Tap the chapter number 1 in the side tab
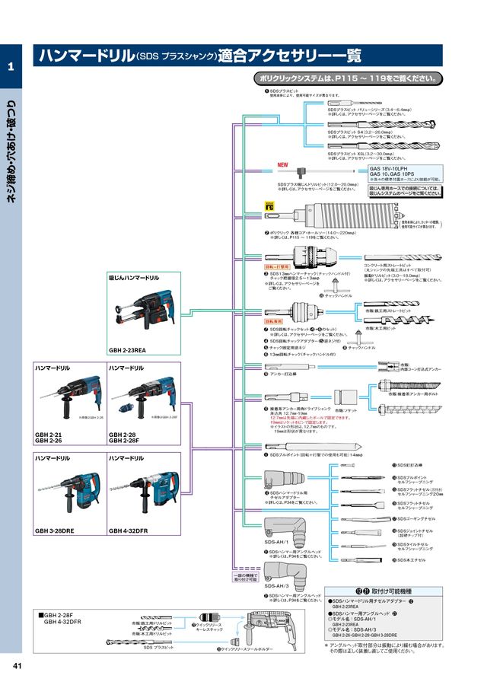11,68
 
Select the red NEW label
282,164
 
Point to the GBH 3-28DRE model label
53,530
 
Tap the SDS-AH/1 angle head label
275,541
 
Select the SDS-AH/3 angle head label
275,586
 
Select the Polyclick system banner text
346,78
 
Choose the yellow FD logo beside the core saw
269,205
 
